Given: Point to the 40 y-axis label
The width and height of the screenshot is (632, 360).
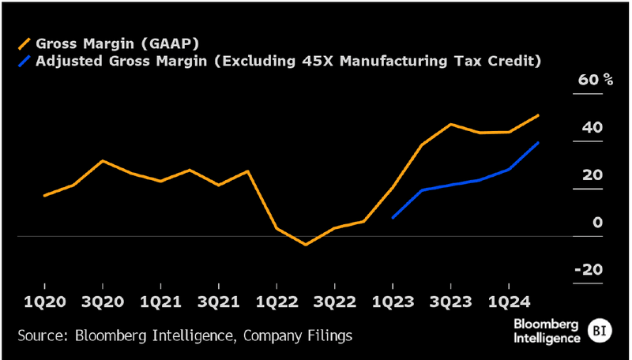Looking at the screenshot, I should (x=592, y=128).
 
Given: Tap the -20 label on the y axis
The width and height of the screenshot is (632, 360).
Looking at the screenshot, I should (x=589, y=270).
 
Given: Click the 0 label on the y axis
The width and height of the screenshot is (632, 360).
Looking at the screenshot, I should (x=598, y=223).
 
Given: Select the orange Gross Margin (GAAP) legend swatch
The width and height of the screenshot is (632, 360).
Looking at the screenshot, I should (x=25, y=43).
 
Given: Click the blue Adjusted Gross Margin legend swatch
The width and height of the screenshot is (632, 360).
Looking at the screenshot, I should (x=25, y=61).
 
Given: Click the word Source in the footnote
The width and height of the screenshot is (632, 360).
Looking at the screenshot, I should (x=40, y=336).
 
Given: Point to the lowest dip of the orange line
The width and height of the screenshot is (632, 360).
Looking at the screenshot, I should (x=306, y=245).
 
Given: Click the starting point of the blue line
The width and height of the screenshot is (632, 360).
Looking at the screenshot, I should (x=393, y=217).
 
